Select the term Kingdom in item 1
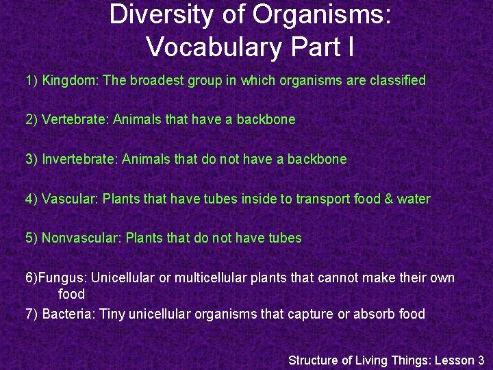[71, 81]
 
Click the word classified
[396, 80]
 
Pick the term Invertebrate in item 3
[80, 160]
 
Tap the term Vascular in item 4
[70, 199]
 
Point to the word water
[414, 199]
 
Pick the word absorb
[375, 314]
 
